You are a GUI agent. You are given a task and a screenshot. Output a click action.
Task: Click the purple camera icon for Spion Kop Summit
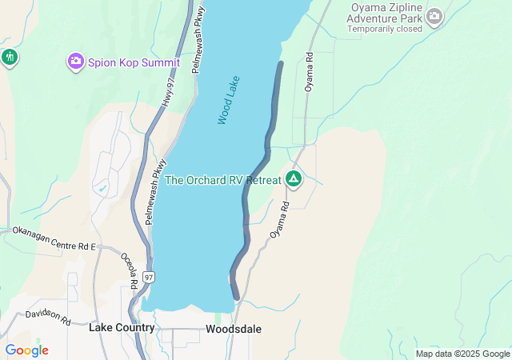tap(76, 61)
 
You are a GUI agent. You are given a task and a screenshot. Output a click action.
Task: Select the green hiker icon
tap(10, 57)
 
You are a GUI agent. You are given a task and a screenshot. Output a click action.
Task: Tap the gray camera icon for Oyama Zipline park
tap(434, 16)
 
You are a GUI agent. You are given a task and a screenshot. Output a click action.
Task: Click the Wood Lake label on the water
tap(229, 100)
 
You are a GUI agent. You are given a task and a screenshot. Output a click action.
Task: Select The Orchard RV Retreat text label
tap(223, 180)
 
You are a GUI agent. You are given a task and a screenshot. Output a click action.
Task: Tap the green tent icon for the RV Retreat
tap(294, 179)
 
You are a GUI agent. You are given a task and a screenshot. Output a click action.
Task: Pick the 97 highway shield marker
tap(150, 277)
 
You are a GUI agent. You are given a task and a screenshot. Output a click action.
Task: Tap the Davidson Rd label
tap(48, 316)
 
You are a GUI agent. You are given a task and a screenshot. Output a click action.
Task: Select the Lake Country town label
tap(122, 328)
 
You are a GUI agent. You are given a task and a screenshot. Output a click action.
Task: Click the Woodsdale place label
tap(233, 329)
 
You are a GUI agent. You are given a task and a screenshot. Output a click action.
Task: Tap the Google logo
tap(26, 350)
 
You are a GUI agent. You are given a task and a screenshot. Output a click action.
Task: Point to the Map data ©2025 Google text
tap(462, 354)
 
